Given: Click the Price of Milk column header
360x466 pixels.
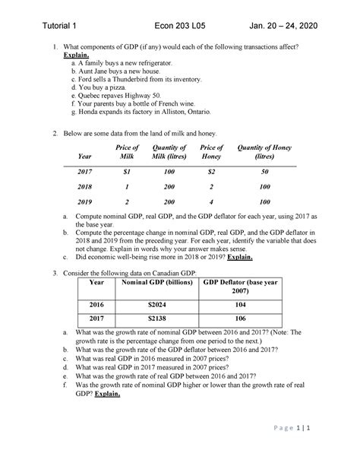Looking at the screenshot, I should click(x=127, y=152).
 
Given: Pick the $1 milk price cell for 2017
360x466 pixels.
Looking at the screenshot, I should click(x=127, y=172).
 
